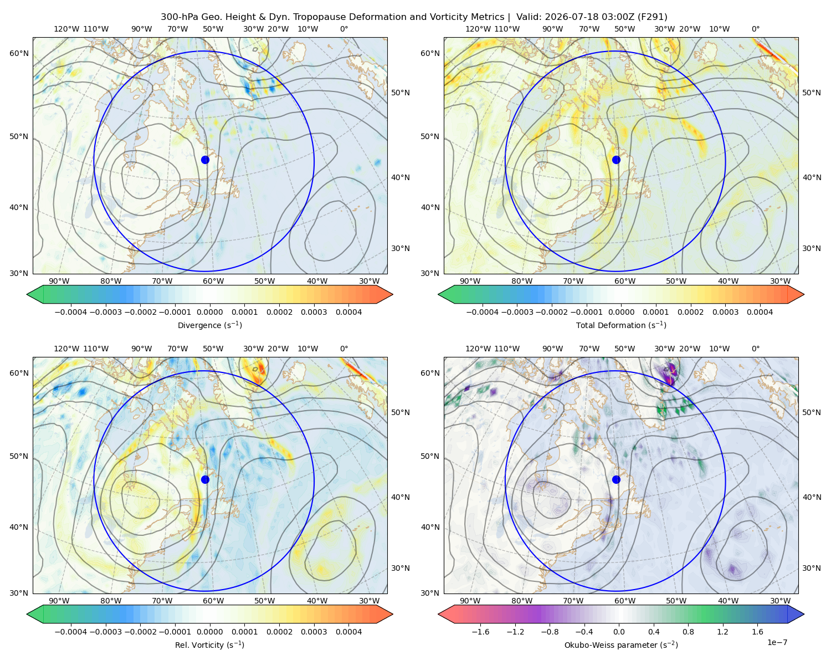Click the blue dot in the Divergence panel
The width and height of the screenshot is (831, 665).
coord(205,160)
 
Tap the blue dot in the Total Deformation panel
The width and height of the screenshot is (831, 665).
coord(616,160)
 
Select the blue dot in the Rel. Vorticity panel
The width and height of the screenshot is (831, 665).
coord(205,479)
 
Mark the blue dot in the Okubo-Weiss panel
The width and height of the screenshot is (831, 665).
coord(616,479)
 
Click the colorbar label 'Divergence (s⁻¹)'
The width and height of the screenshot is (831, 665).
coord(209,325)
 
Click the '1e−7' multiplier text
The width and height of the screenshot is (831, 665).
coord(777,642)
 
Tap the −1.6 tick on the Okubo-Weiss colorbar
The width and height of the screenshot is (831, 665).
coord(480,632)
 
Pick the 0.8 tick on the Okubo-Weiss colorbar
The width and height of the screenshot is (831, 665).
coord(688,632)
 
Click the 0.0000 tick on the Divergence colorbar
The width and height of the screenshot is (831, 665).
coord(209,312)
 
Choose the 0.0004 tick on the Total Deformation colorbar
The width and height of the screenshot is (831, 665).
coord(760,312)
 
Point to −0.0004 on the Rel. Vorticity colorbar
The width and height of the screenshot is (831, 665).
coord(71,632)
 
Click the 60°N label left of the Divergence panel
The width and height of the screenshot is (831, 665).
coord(19,53)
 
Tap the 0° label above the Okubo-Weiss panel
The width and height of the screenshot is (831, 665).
coord(755,349)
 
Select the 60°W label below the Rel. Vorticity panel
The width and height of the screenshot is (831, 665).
coord(213,601)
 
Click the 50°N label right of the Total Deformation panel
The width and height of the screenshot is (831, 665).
coord(812,93)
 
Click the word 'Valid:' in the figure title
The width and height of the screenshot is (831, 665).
coord(529,17)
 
